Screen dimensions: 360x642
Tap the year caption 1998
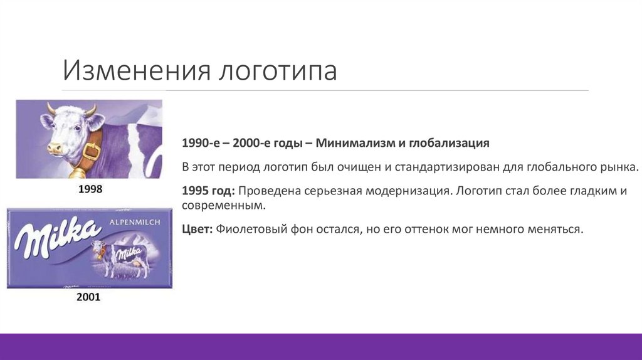90,188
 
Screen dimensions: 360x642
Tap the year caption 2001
88,297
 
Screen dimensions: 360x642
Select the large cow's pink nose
54,149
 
